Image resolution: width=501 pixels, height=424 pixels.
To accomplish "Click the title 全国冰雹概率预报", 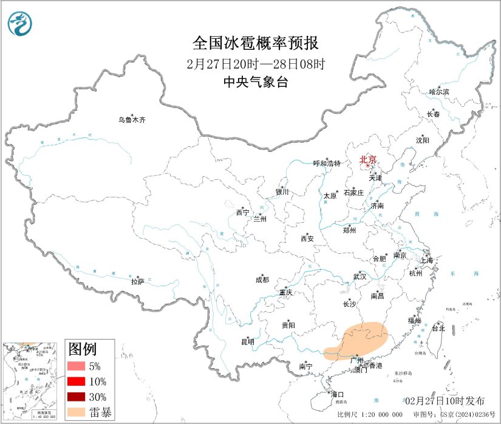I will tap(255, 44).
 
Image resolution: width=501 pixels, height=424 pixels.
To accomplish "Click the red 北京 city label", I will tap(368, 160).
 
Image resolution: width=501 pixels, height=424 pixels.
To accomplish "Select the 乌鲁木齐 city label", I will tap(132, 120).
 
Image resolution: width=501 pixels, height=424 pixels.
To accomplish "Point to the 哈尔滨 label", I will tap(439, 92).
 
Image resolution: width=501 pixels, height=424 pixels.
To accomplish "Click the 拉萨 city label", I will tap(137, 281).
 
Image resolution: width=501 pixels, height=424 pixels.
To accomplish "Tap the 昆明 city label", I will tap(247, 341).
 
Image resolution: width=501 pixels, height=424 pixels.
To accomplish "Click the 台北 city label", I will tap(438, 328).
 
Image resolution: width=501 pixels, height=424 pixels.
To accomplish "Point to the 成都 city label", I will tap(262, 280).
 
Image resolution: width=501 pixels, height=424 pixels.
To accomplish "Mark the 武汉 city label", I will tap(360, 276).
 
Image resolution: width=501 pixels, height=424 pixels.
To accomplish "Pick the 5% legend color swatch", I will tap(77, 366).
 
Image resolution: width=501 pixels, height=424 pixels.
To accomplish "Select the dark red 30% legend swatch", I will tap(77, 397).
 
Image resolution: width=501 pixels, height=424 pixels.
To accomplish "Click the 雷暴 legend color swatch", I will tap(77, 412).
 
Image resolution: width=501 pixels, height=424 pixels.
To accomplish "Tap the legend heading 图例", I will tap(82, 349).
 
